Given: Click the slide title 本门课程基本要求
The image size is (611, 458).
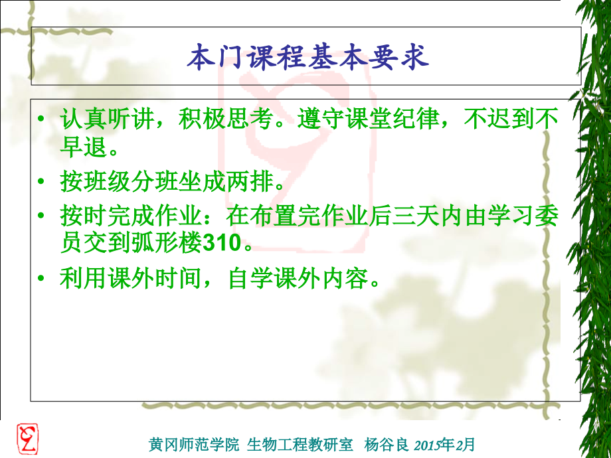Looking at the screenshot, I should tap(307, 58).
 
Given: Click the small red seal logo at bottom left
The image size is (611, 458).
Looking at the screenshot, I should tap(27, 439).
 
